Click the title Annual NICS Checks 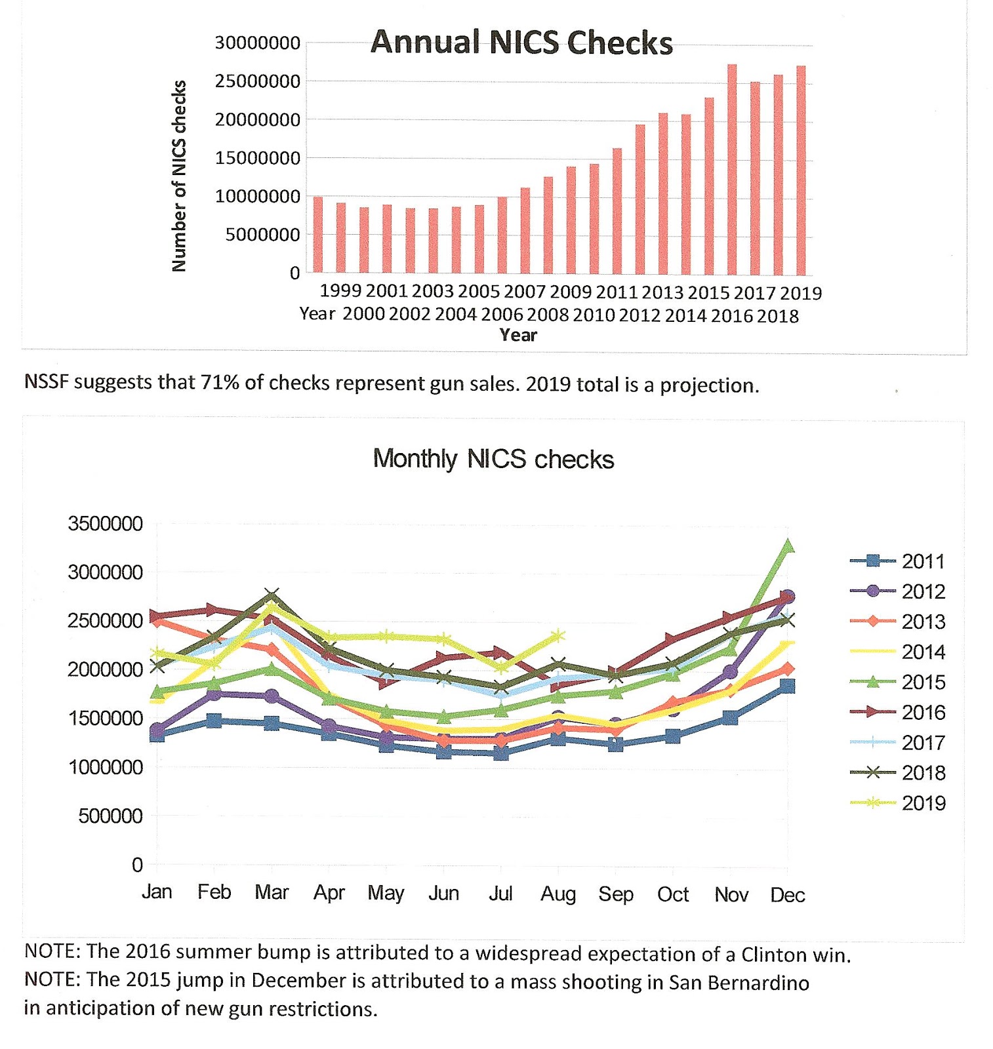(x=521, y=43)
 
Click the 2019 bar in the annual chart (x=801, y=170)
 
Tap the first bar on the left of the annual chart (x=317, y=234)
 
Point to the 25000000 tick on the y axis (x=257, y=81)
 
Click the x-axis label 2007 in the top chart (x=525, y=291)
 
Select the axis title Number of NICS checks (x=179, y=176)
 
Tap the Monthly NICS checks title (x=493, y=459)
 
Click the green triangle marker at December (x=788, y=546)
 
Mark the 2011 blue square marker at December (x=788, y=686)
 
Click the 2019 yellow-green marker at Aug (x=558, y=635)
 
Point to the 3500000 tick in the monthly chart (x=105, y=524)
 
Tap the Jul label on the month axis (x=500, y=894)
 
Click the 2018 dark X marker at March (x=272, y=596)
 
